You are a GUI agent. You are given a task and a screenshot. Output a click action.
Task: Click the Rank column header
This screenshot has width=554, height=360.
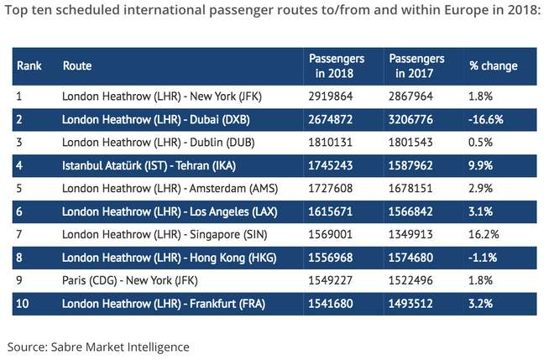29,65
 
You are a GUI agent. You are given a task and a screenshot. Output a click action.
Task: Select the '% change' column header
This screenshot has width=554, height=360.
493,65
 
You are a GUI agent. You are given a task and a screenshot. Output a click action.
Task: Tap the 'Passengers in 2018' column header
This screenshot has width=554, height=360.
337,65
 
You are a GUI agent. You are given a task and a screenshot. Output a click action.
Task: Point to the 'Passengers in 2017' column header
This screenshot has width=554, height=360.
416,65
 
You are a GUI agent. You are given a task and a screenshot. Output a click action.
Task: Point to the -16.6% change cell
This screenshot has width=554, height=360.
486,119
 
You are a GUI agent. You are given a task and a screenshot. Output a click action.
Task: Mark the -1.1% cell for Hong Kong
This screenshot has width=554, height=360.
483,257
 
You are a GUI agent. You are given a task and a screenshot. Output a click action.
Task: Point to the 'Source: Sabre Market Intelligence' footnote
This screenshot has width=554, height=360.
98,346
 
